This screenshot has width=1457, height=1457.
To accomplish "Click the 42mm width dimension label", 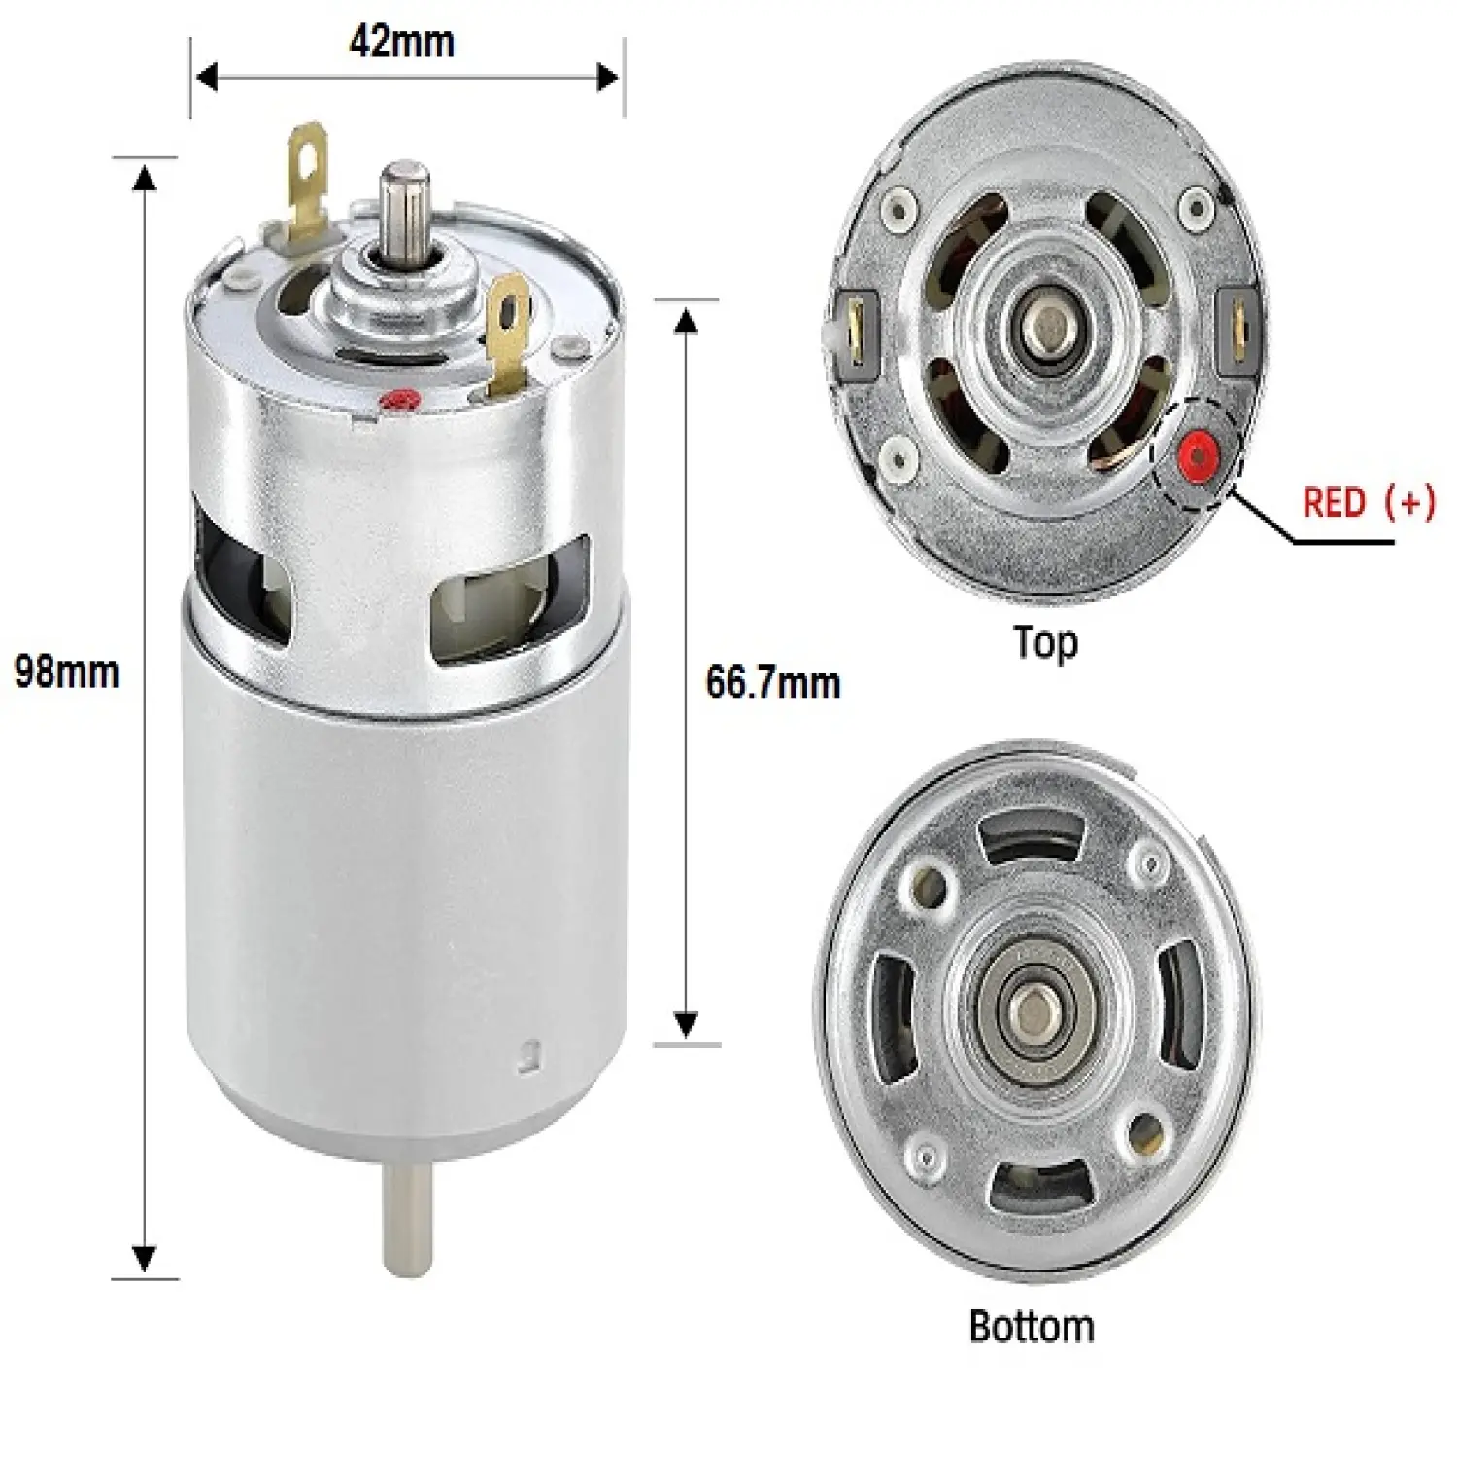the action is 401,42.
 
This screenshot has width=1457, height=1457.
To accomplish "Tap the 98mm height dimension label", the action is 67,672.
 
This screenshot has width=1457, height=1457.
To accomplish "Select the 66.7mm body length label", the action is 773,683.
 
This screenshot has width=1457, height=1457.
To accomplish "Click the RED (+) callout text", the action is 1369,502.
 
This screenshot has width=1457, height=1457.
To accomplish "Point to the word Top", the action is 1045,643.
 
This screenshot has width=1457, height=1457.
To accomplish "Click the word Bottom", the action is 1032,1326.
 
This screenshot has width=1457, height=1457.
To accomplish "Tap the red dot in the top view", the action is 1197,455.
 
